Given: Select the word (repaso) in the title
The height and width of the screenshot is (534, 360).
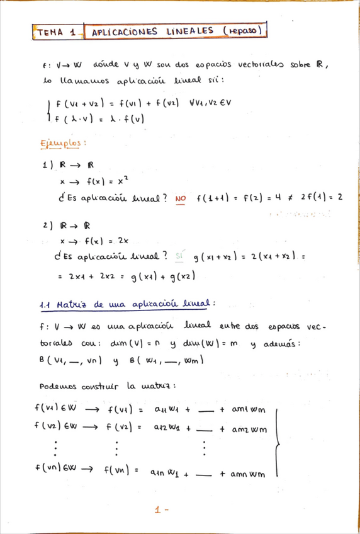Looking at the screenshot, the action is (242, 30).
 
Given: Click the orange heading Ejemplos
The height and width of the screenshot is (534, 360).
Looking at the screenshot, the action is (64, 143).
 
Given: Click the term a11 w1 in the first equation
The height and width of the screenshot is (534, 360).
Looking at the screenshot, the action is (168, 410).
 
